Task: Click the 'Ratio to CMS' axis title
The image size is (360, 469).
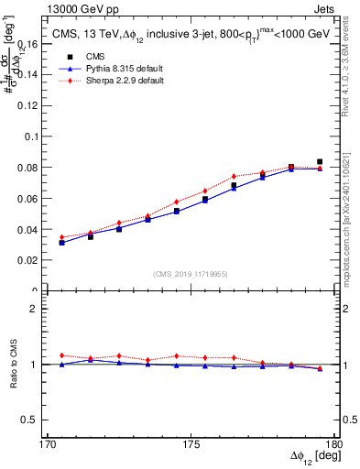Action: point(14,365)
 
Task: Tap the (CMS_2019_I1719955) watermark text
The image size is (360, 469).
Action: point(191,274)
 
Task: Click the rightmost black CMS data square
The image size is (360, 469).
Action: point(320,161)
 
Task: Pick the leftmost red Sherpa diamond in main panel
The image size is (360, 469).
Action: point(61,237)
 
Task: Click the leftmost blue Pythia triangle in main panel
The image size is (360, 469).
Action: point(61,243)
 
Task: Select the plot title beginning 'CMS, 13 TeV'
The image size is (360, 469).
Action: point(191,35)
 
